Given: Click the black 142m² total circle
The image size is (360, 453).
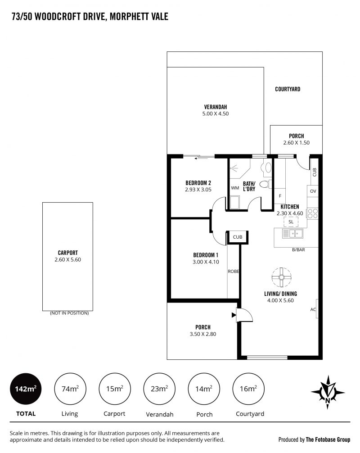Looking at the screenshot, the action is [26, 389].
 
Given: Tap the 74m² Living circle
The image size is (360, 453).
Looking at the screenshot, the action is [70, 389].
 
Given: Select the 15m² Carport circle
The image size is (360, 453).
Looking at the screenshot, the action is [115, 389].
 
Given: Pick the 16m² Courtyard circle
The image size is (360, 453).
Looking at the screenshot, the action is [248, 389].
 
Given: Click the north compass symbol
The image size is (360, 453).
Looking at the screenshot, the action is [328, 392].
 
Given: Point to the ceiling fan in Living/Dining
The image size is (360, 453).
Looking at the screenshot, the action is [282, 277].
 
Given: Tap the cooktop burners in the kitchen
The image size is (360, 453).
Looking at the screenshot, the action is [312, 213].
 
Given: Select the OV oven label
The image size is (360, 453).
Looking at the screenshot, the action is [313, 191].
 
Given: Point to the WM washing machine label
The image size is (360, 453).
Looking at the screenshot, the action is [235, 188].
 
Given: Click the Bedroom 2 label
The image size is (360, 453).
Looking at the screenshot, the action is [198, 183].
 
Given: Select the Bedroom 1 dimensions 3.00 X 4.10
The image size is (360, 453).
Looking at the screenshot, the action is [206, 262].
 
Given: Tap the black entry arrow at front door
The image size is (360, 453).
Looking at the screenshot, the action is [234, 315].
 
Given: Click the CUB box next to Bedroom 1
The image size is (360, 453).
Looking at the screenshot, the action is [237, 237].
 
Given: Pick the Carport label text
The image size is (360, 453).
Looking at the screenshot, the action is [68, 253].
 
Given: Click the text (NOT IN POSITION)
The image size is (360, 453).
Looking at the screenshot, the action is [69, 313].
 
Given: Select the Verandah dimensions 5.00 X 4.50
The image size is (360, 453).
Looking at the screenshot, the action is [216, 114].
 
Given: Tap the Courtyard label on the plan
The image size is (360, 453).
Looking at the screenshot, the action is [288, 89].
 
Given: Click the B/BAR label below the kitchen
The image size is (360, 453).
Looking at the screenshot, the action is [298, 249].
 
